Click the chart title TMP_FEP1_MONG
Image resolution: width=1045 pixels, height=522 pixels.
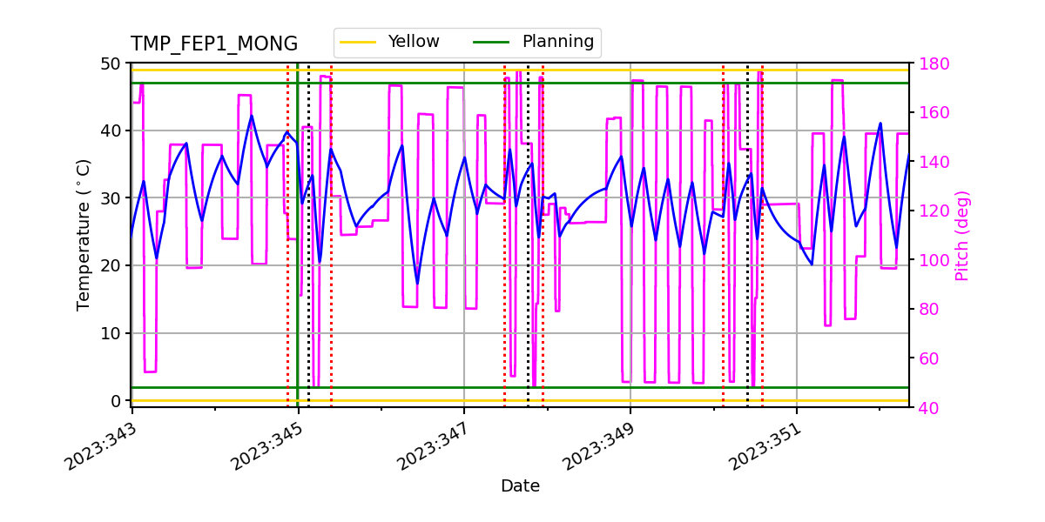[214, 44]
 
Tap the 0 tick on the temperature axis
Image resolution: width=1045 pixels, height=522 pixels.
[114, 401]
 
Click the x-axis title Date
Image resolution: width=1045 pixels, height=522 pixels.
[520, 486]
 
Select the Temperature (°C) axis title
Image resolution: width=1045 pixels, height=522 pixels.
[84, 235]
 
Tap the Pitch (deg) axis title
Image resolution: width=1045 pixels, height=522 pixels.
[961, 235]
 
